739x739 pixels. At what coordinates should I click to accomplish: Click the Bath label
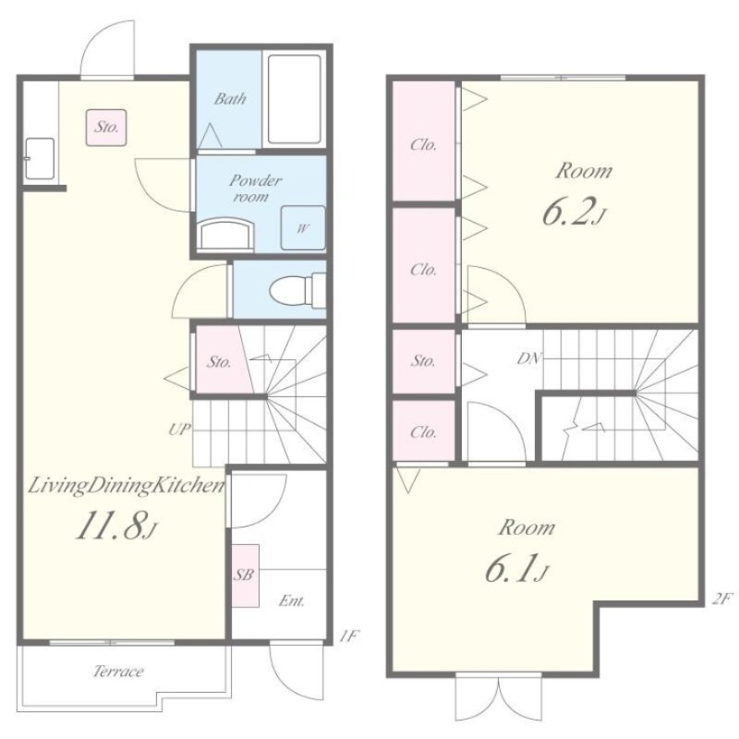230,99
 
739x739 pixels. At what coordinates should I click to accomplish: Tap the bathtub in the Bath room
295,99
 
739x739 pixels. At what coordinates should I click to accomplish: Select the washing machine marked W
303,227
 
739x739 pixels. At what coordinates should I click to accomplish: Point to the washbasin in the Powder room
225,233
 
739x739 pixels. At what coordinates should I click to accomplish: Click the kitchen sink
40,158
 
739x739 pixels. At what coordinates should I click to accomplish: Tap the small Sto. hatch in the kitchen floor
106,127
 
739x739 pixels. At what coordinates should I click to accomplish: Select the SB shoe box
245,575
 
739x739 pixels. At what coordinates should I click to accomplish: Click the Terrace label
118,671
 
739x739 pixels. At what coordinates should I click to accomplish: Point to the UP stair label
179,430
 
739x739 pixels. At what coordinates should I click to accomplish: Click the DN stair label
529,358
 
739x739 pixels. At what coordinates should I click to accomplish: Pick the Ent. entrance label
292,601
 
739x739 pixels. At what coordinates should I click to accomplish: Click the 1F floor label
349,636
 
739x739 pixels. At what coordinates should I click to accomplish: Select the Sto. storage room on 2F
424,361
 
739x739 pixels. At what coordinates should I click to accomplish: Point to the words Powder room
256,188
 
